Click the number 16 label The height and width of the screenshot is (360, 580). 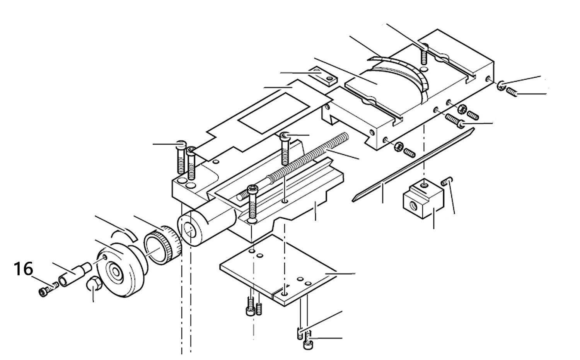click(x=24, y=269)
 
